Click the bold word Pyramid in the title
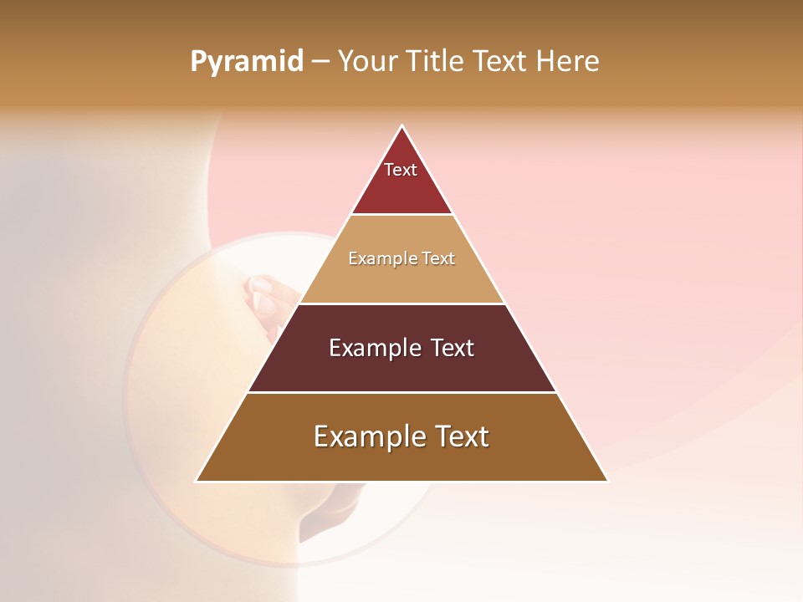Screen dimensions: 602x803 (246, 62)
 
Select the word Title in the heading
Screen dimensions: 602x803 (436, 62)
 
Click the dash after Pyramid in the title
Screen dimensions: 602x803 (320, 62)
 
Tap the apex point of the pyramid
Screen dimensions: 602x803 (401, 126)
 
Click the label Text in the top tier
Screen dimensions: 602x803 (401, 170)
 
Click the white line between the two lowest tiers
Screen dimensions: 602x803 (401, 392)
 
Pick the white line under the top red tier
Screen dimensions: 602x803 (401, 214)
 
